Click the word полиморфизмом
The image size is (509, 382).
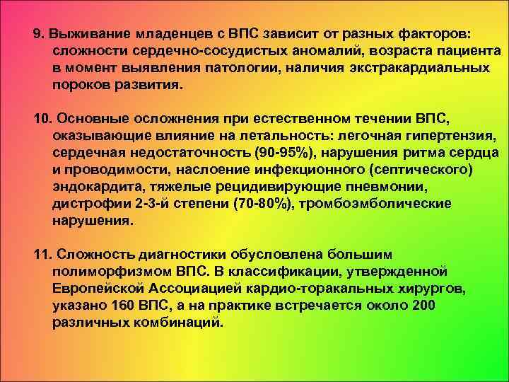pyautogui.click(x=107, y=272)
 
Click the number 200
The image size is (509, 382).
pyautogui.click(x=422, y=306)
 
